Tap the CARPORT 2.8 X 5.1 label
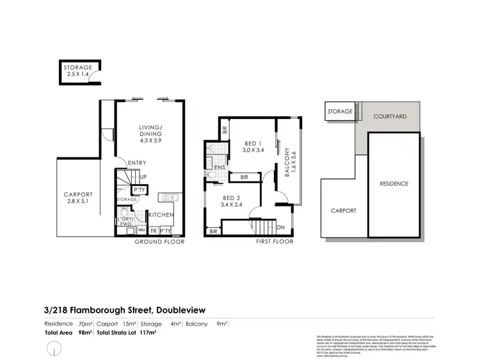(77, 198)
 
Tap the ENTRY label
(137, 163)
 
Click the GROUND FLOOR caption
(159, 242)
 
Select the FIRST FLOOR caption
(274, 242)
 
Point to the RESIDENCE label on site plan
(394, 184)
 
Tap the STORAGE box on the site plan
(340, 111)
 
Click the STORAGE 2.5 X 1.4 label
(77, 71)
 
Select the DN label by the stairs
(280, 227)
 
